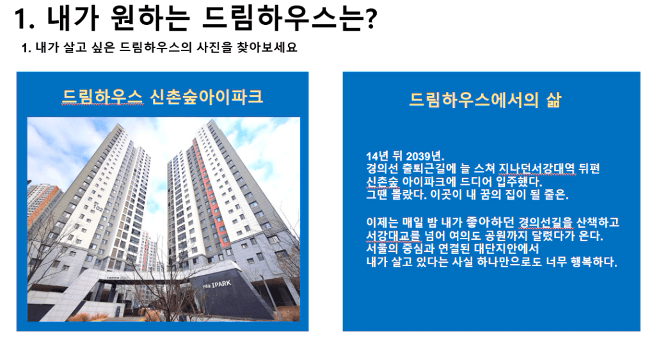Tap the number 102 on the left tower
(x=97, y=207)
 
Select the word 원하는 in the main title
(x=150, y=19)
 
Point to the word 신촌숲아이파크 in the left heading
(x=206, y=97)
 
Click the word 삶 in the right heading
(x=553, y=100)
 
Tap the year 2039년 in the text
(x=425, y=156)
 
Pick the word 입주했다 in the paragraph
(x=519, y=182)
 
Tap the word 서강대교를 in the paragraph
(x=394, y=236)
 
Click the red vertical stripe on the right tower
(x=209, y=191)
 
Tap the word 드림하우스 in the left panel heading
(x=102, y=97)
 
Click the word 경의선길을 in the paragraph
(x=546, y=223)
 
